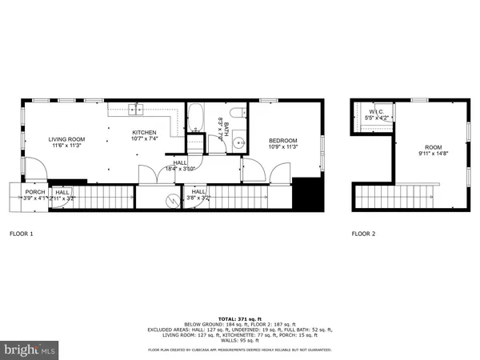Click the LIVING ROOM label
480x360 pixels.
[66, 140]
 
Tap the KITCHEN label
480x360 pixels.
[144, 133]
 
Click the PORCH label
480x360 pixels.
[34, 192]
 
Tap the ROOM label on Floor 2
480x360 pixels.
[433, 147]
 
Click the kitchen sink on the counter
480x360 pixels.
[135, 111]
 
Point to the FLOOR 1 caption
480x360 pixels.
[22, 234]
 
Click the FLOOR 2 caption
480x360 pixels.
[363, 234]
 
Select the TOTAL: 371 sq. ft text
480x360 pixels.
[240, 318]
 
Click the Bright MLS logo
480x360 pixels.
[30, 349]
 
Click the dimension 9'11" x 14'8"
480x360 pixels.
[433, 154]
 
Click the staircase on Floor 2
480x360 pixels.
[398, 194]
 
